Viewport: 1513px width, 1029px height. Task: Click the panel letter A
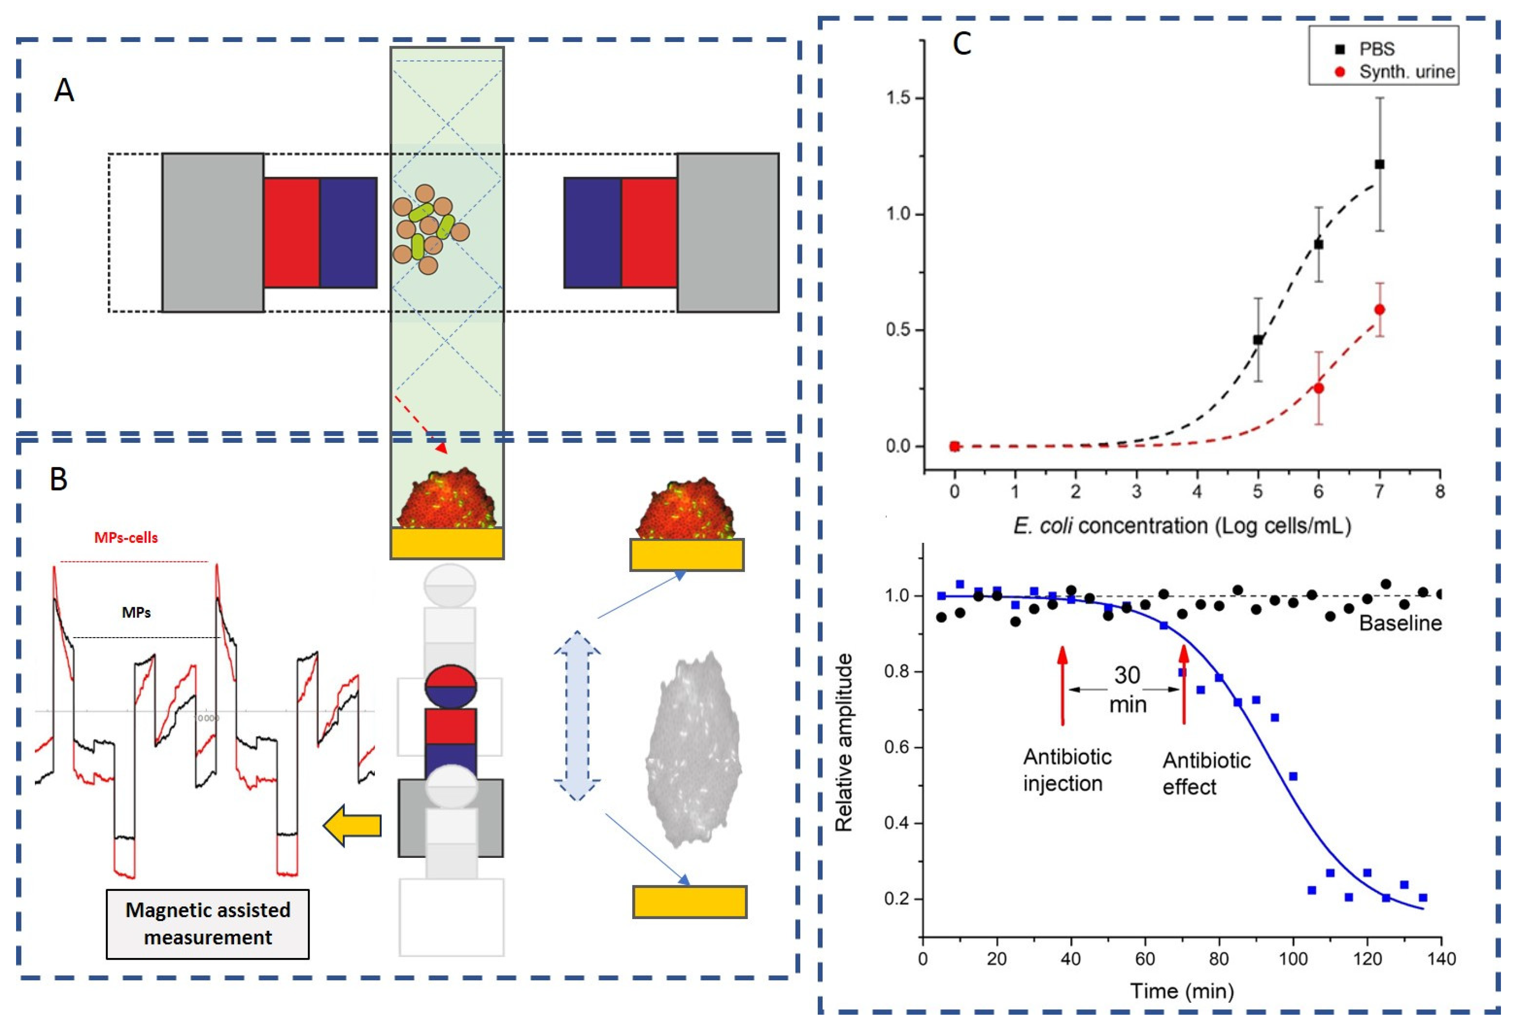(64, 90)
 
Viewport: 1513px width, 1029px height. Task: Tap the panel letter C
(962, 44)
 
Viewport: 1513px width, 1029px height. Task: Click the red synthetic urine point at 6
(1318, 388)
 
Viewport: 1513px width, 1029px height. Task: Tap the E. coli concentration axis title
(1181, 525)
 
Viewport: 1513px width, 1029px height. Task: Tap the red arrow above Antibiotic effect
(1184, 684)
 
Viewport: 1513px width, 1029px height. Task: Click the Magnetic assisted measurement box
(208, 923)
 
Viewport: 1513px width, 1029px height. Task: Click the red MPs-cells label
(126, 538)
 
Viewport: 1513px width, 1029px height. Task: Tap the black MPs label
(137, 613)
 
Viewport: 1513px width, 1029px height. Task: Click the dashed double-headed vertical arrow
(577, 714)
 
